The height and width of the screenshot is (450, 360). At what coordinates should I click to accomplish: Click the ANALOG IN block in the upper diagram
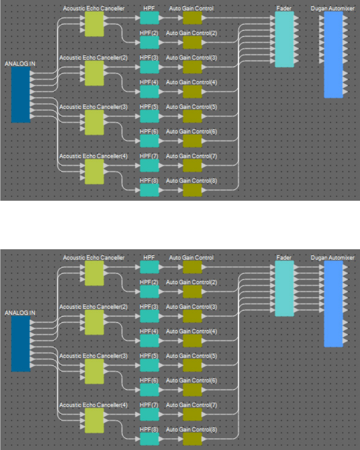[x=21, y=94]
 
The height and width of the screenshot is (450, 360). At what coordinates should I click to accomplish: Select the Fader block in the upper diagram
[x=284, y=39]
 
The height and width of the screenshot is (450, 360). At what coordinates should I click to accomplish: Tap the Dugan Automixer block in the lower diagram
[x=333, y=304]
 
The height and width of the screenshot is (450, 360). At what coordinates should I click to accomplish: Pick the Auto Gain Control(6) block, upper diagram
[x=192, y=140]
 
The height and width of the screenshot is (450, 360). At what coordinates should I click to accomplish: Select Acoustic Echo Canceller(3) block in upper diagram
[x=94, y=123]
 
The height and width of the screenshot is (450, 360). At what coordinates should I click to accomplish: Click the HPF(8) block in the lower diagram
[x=149, y=439]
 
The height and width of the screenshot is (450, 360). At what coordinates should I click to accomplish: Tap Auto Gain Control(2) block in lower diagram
[x=192, y=292]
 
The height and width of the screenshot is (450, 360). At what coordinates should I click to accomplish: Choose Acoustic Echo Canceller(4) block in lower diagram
[x=94, y=420]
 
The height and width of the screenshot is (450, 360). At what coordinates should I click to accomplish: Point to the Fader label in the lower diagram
[x=284, y=258]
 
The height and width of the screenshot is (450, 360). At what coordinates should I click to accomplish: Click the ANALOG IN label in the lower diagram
[x=20, y=312]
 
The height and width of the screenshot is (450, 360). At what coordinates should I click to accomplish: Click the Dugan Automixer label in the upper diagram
[x=333, y=8]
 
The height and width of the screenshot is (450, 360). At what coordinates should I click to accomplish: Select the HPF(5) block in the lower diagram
[x=149, y=365]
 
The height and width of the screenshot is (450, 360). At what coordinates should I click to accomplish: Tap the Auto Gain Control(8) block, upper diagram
[x=192, y=190]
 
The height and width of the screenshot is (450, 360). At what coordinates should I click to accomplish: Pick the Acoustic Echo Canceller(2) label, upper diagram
[x=93, y=57]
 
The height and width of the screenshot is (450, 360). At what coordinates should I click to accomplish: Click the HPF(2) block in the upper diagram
[x=149, y=42]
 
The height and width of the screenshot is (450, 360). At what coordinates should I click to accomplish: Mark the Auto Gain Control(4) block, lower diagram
[x=192, y=341]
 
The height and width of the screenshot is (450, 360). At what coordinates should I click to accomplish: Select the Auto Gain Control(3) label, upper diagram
[x=191, y=57]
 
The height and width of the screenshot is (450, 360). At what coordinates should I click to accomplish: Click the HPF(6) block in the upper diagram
[x=149, y=140]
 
